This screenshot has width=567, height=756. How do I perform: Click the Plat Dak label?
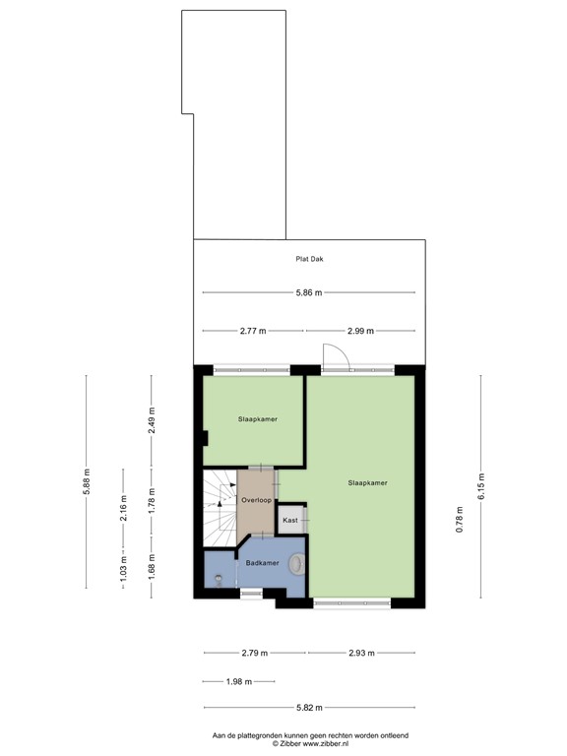310,260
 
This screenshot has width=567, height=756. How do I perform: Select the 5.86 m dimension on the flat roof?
310,293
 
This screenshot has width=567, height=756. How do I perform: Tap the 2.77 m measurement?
253,332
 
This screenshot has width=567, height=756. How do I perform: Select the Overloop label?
256,500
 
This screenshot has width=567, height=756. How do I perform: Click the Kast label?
290,520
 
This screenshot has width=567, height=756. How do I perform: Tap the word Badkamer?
262,563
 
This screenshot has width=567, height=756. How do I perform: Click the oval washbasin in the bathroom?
297,564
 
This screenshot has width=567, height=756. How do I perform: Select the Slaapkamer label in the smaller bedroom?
257,419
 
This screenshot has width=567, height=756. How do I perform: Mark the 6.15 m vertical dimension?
481,485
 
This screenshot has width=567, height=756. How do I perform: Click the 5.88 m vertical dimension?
87,483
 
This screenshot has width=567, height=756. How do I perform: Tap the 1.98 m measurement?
237,681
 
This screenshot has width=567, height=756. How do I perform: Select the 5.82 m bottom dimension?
310,707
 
